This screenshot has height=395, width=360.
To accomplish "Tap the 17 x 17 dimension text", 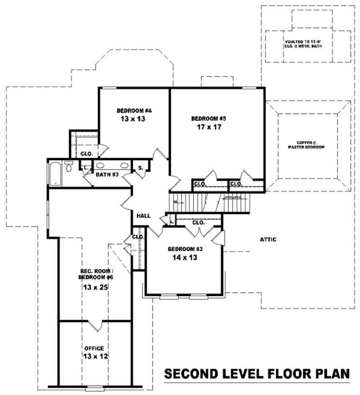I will [x=207, y=127].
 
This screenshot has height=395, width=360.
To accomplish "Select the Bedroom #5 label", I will [x=208, y=118].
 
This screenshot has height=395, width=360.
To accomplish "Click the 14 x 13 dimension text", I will [x=185, y=258].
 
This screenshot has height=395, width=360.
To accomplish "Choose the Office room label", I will [x=94, y=348].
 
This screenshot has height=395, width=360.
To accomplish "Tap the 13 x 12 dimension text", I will [x=94, y=357].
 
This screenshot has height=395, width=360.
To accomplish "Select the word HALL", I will [x=144, y=216].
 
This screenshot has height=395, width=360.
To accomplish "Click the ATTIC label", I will [x=268, y=240].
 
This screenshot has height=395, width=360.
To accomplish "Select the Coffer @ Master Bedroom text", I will [x=307, y=145].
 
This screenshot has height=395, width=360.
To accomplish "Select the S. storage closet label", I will [x=140, y=168].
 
